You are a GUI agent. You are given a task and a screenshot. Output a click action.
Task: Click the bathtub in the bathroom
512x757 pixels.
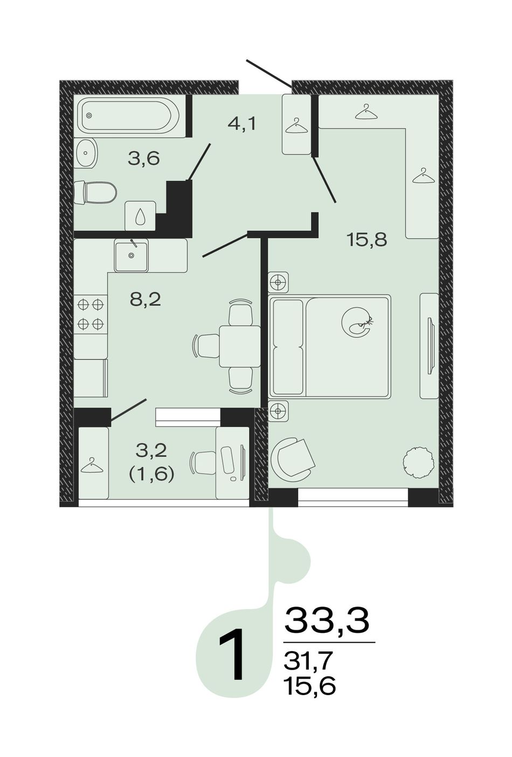129,116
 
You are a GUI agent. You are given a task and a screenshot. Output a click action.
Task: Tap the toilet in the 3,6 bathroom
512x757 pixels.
95,193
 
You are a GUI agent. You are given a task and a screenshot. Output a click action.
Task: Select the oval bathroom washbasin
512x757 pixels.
86,153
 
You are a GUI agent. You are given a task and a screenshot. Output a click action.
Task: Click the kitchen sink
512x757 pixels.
131,255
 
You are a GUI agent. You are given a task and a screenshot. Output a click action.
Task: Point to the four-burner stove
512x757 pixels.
91,314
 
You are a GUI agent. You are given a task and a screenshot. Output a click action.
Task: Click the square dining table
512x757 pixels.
240,346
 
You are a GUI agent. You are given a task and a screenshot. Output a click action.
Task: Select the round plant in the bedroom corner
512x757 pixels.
418,462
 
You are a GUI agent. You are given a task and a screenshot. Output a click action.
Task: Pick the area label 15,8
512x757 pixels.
366,240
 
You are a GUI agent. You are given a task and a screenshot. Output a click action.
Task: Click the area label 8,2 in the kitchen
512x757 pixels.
146,299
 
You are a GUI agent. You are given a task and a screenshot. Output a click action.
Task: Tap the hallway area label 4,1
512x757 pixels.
242,124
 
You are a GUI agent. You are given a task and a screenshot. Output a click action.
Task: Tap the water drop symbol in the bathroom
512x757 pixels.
140,216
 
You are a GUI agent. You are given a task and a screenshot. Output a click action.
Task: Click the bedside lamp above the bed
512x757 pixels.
279,282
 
